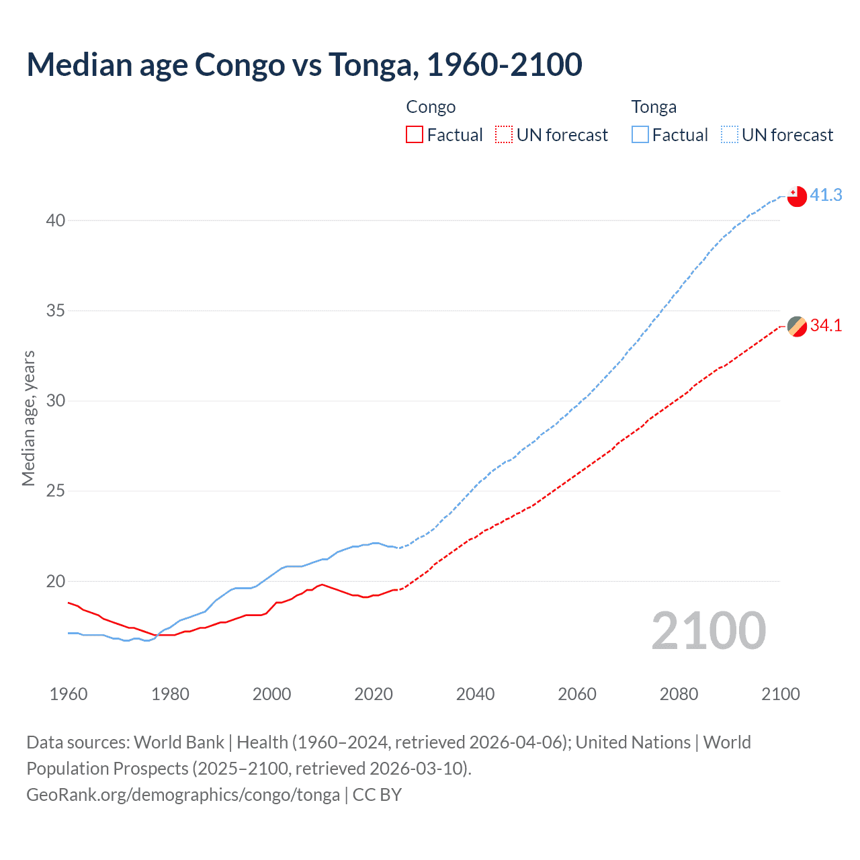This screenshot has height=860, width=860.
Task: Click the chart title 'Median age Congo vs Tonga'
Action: (304, 65)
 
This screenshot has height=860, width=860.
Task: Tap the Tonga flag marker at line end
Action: (797, 196)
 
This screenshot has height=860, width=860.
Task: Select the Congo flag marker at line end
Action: (797, 327)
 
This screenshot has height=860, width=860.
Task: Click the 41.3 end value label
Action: (826, 196)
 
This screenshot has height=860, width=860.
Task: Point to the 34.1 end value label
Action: (826, 326)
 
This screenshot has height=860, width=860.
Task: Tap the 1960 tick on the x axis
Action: (69, 694)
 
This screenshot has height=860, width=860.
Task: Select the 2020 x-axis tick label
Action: (374, 694)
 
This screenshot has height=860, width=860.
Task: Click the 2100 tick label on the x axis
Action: (781, 694)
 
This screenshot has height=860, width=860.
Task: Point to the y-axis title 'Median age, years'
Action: (28, 418)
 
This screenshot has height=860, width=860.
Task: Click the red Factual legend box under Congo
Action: (415, 135)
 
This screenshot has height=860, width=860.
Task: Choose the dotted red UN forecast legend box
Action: (504, 135)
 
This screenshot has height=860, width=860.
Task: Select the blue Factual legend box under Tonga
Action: (640, 135)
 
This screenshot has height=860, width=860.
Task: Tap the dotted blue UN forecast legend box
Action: (730, 135)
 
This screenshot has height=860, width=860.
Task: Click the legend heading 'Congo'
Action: (431, 107)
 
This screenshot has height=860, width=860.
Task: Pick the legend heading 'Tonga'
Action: (654, 107)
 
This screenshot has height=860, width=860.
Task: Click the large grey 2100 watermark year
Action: (708, 631)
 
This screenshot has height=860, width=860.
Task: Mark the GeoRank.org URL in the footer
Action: (183, 795)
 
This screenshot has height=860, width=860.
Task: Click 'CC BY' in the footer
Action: (377, 795)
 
